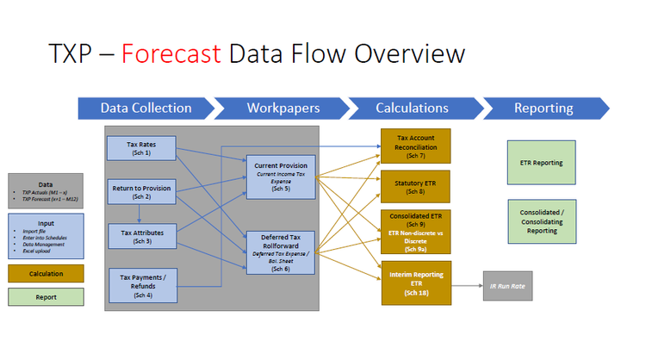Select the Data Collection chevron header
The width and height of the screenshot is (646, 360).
(x=146, y=109)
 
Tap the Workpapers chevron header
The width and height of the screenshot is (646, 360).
(x=284, y=109)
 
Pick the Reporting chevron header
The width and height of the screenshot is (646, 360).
(x=544, y=109)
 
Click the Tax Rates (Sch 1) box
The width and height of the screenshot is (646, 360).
(x=142, y=147)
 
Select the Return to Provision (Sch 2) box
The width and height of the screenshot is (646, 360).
(x=142, y=191)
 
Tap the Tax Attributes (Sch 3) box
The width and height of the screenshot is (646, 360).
(x=142, y=235)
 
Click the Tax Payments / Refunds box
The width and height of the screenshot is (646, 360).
(x=142, y=283)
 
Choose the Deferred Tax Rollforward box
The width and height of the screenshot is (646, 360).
(x=280, y=251)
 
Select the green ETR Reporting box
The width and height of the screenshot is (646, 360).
(x=542, y=162)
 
